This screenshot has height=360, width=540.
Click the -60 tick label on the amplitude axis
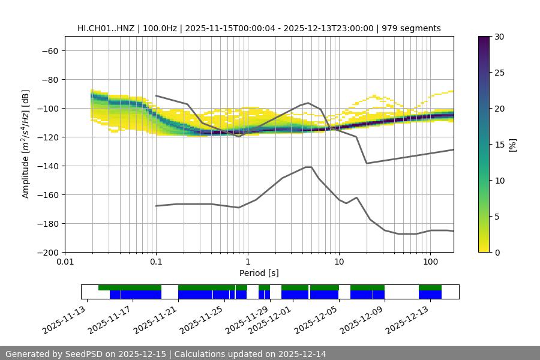(x=49, y=50)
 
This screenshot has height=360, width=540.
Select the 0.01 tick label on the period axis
(x=65, y=262)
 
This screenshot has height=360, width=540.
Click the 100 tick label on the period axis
(x=430, y=262)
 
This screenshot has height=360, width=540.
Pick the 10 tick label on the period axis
(x=338, y=262)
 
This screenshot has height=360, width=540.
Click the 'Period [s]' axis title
(x=259, y=273)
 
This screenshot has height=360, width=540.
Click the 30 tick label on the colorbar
(x=499, y=37)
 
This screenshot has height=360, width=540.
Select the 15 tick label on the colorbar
(x=499, y=145)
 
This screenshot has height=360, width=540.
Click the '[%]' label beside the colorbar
(x=512, y=145)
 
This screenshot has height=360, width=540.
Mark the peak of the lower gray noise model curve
(x=308, y=167)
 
